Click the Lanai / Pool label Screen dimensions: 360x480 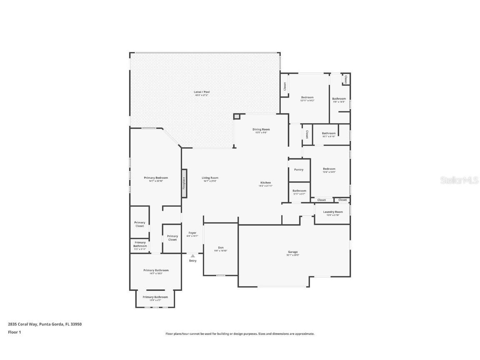point(201,92)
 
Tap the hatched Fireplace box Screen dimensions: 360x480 point(184,183)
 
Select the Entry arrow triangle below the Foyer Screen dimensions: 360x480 point(192,256)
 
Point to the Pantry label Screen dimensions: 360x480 point(299,170)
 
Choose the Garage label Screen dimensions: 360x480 point(292,252)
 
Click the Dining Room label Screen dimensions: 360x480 point(261,129)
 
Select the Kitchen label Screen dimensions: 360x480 point(265,182)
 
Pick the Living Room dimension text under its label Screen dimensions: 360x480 point(210,181)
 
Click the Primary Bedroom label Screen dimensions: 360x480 point(156,177)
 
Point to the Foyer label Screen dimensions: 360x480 point(192,233)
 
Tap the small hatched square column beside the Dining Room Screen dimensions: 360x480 point(237,117)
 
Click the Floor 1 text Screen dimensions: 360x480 point(14,332)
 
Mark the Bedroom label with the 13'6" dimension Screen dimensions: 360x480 point(329,169)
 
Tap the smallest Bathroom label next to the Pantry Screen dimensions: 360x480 point(299,191)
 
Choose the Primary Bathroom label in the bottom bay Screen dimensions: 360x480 point(155,297)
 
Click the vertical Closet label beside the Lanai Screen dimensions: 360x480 point(285,86)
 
